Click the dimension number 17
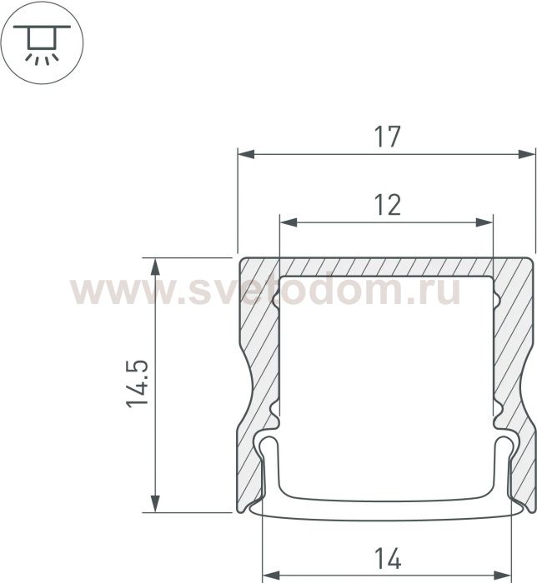(x=388, y=137)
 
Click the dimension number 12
(x=388, y=205)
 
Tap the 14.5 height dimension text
(x=138, y=384)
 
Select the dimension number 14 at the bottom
(x=388, y=559)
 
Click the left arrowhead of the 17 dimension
(x=246, y=154)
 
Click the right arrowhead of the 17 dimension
(x=527, y=154)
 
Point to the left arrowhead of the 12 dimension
(x=288, y=222)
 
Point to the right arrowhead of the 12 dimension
(x=484, y=222)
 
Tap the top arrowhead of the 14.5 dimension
(x=156, y=266)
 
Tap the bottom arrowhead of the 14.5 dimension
(x=156, y=504)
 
